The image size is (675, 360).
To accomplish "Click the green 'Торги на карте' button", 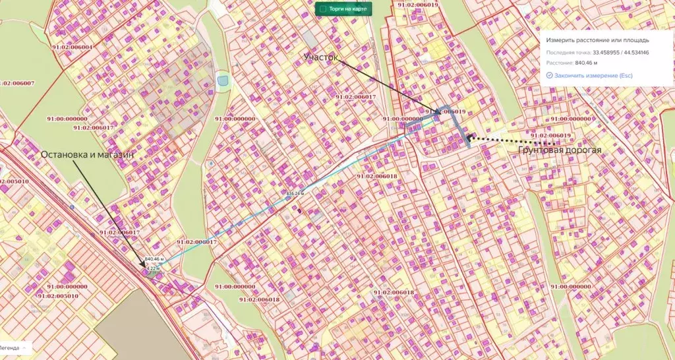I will [x=343, y=9].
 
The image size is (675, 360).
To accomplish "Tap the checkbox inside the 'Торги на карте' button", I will [x=322, y=9].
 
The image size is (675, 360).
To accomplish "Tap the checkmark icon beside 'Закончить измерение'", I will [x=549, y=76].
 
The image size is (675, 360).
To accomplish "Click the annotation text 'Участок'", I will [x=321, y=58].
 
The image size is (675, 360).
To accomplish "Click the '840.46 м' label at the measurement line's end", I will [x=153, y=259].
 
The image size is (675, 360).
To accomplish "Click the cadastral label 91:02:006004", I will [x=71, y=47].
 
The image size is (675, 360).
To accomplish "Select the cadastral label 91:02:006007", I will [x=18, y=83].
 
